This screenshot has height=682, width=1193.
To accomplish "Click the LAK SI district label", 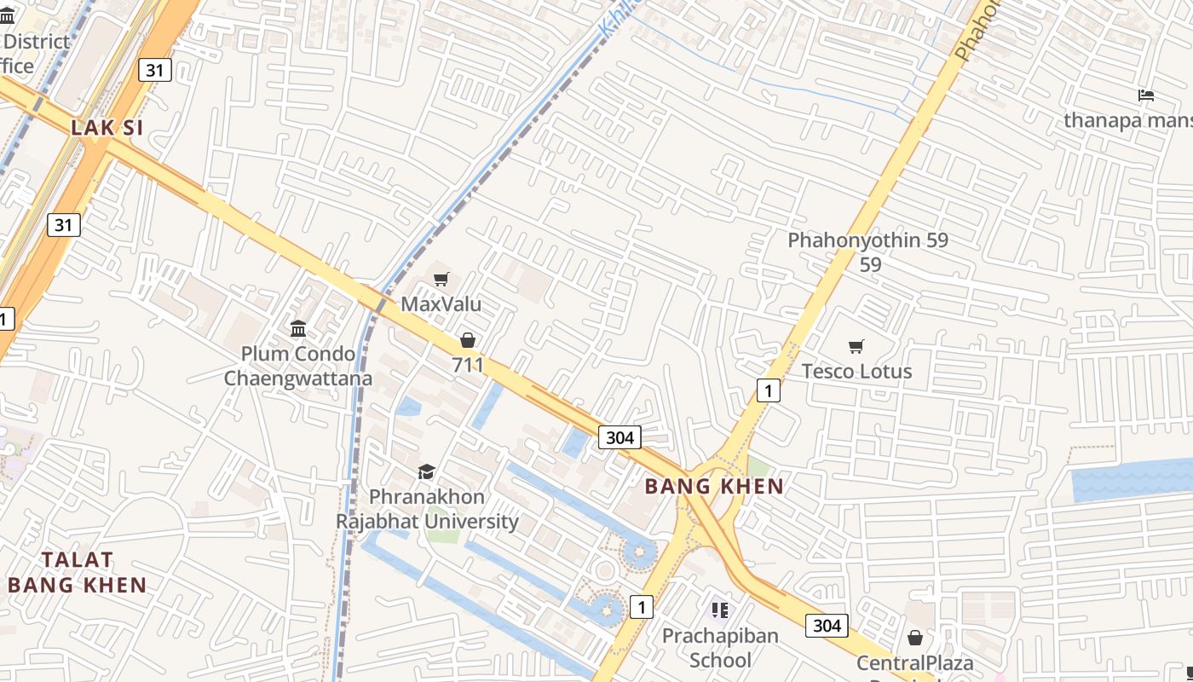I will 107,128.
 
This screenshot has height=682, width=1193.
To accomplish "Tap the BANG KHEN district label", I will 714,487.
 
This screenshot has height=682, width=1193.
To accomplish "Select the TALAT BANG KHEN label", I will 78,572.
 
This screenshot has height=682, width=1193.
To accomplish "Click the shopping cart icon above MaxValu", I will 441,279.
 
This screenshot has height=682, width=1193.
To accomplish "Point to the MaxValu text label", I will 441,304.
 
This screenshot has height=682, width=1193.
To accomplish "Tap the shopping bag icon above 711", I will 468,340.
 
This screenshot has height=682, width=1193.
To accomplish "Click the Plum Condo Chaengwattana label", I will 297,366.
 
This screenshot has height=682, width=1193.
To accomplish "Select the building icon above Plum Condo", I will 298,328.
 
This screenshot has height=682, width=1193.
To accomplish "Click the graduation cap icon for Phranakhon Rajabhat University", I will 426,471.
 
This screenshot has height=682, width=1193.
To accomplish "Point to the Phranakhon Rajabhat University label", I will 427,509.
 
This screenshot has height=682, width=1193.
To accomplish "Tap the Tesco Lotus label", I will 856,372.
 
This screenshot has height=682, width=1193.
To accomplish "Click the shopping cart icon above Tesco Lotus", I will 856,346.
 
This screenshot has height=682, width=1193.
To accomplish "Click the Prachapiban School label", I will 720,648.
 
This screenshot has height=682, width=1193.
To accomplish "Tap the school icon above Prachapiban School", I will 720,610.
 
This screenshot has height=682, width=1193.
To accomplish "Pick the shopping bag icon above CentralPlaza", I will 914,638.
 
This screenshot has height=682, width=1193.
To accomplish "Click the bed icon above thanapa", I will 1146,95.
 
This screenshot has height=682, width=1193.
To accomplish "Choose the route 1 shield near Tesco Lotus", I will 769,391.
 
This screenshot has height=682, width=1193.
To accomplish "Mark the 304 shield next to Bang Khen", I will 620,437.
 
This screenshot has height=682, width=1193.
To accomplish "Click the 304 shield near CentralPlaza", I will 827,626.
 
